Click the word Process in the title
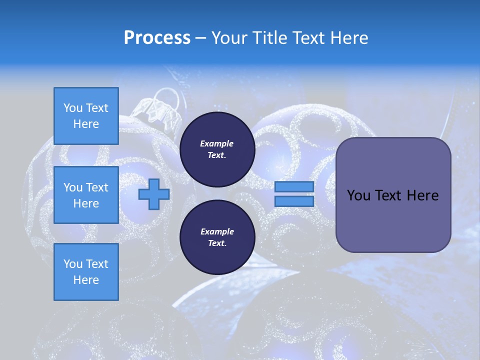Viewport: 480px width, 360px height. [x=157, y=38]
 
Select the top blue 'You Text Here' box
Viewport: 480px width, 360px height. [x=86, y=116]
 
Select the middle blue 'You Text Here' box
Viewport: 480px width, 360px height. [x=86, y=195]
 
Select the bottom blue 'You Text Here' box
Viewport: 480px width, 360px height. [x=86, y=271]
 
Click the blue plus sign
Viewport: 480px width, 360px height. [x=153, y=194]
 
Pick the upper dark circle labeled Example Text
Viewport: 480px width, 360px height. [x=217, y=149]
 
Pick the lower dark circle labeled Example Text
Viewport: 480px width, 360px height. [x=217, y=237]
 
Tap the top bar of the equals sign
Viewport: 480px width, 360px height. [x=294, y=186]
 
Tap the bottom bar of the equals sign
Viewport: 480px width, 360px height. [x=294, y=201]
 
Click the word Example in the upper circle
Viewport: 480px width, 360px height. [x=217, y=143]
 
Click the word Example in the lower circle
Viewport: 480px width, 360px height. [x=217, y=231]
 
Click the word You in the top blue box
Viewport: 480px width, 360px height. [x=73, y=108]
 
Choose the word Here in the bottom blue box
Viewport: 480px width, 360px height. [x=86, y=280]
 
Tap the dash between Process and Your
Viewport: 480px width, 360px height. [x=201, y=38]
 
